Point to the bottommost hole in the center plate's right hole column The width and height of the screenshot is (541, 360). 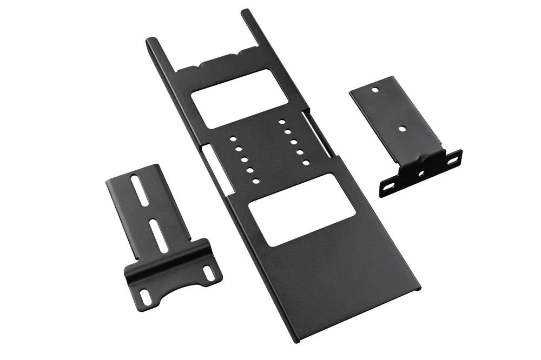tap(307, 162)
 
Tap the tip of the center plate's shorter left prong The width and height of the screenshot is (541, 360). tap(147, 39)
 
